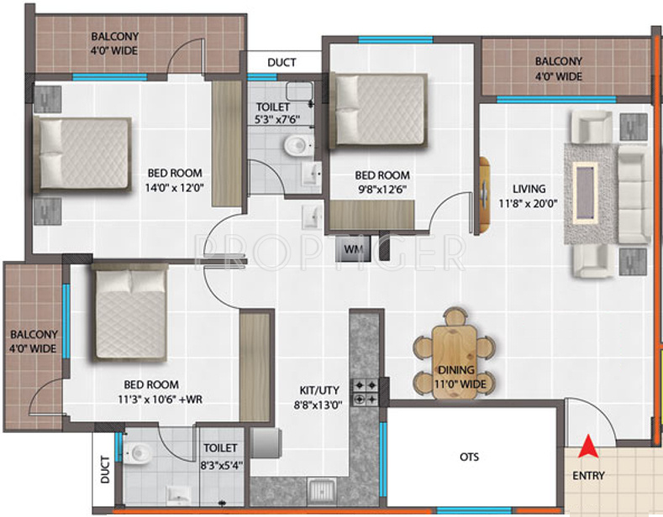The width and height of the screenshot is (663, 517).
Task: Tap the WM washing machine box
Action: tap(351, 248)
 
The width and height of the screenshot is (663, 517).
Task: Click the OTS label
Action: tap(470, 457)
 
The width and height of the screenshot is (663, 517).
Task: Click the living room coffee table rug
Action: tap(585, 192)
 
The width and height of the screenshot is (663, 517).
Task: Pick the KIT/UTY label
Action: tap(320, 389)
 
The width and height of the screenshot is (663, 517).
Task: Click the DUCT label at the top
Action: tap(282, 62)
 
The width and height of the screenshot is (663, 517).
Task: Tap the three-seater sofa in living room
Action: tap(633, 192)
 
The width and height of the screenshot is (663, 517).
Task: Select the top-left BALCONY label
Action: tap(115, 37)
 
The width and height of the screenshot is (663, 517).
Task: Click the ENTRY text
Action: tap(587, 476)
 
